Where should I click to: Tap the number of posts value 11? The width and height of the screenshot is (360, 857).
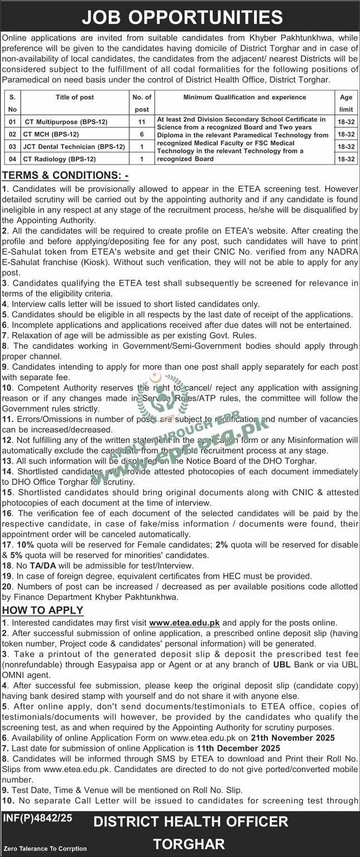(x=142, y=122)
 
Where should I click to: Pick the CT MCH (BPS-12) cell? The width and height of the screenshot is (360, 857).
(x=51, y=134)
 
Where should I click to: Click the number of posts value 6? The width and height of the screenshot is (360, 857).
(x=142, y=134)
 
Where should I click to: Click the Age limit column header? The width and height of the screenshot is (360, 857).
(x=346, y=103)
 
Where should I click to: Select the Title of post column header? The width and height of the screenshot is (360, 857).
(x=75, y=97)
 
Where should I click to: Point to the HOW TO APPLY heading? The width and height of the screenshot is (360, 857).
(x=43, y=610)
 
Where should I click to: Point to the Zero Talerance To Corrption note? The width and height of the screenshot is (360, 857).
(x=45, y=849)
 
